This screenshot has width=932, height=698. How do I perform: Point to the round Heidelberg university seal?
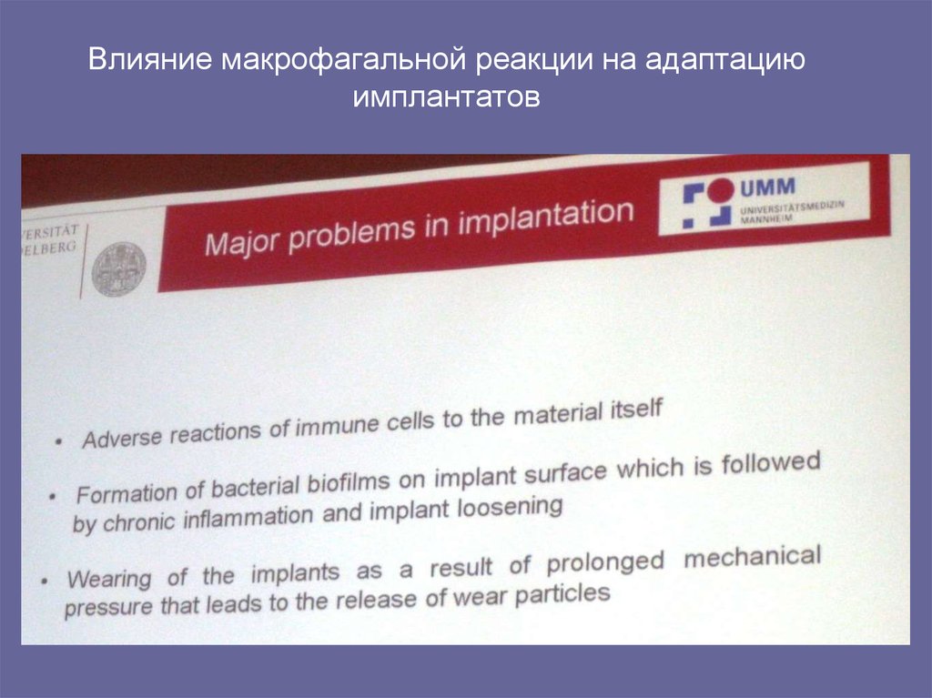coord(118,269)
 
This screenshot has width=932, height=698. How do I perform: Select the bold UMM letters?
coord(767,188)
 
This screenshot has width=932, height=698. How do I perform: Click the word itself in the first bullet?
coord(632,410)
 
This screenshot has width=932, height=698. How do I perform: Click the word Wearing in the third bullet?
coord(104,579)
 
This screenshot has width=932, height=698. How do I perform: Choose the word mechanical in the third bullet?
coord(751,556)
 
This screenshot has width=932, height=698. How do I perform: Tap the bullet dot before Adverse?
coord(59,441)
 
